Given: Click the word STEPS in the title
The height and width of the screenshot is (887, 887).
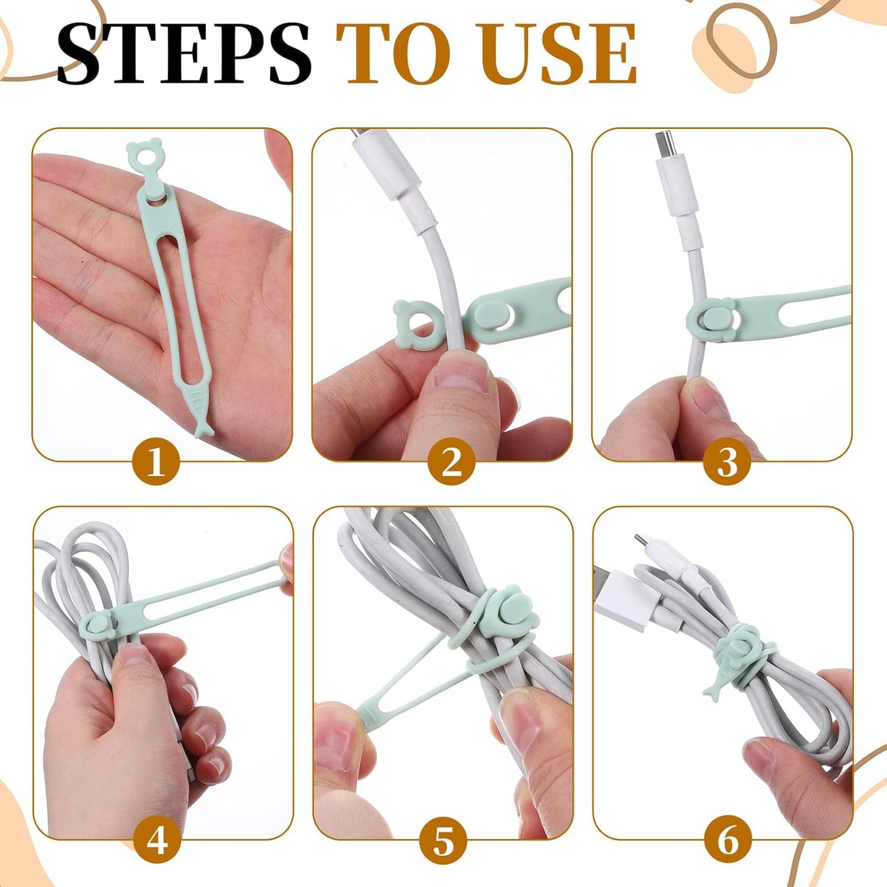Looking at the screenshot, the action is [184, 54].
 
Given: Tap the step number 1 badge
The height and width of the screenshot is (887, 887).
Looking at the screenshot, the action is [156, 461].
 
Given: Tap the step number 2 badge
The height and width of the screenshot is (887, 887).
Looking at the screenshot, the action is [451, 461].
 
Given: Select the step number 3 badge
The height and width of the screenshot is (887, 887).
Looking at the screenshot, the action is [727, 461].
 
